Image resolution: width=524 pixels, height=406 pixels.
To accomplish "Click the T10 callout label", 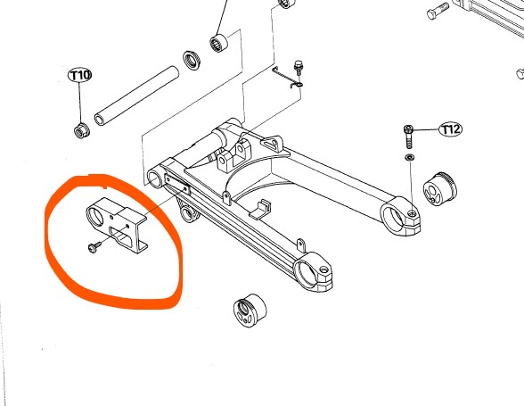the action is [x=80, y=76].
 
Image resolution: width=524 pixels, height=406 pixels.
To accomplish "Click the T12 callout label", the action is [x=451, y=129].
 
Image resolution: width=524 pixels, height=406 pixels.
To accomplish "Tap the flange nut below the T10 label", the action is [x=81, y=130].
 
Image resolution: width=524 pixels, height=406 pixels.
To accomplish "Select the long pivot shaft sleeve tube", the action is [x=136, y=95].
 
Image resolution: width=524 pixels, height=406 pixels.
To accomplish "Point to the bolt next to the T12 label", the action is [x=409, y=137].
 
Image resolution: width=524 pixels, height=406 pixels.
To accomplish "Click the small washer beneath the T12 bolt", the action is [x=409, y=157].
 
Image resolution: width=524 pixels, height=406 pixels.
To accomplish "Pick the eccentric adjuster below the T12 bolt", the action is [x=440, y=189].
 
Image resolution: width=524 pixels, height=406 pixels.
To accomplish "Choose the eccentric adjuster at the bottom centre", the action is [x=250, y=311].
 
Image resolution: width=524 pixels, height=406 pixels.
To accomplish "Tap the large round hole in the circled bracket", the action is [x=95, y=215].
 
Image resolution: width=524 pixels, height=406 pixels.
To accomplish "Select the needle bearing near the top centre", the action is [x=218, y=43].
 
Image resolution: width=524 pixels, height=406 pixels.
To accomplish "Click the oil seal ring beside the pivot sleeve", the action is [x=192, y=60].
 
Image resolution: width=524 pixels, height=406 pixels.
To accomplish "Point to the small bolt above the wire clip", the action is [x=298, y=69].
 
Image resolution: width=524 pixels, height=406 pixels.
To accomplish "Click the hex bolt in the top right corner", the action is [x=438, y=12].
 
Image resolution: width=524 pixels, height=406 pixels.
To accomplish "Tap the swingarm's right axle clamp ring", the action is [x=400, y=217].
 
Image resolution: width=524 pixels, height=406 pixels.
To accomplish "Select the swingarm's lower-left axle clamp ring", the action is [x=313, y=271].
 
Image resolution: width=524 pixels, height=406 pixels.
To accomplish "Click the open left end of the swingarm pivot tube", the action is [x=154, y=178].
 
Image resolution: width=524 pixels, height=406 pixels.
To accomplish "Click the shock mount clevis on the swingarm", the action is [x=233, y=155].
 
